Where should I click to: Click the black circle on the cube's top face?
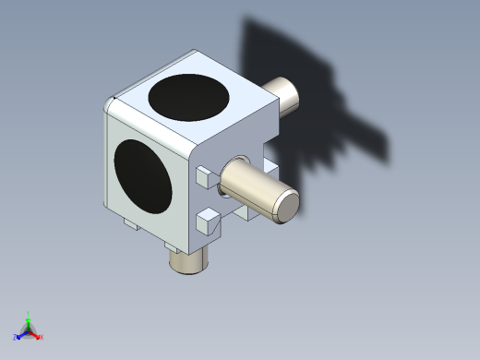[x=191, y=97]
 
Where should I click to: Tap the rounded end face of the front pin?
[x=288, y=205]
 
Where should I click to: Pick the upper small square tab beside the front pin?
[x=205, y=176]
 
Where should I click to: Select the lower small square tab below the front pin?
[x=208, y=222]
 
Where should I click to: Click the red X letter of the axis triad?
[x=41, y=337]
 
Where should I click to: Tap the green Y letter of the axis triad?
[x=29, y=313]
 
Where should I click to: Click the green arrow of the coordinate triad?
[x=29, y=322]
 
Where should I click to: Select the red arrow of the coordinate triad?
[x=35, y=334]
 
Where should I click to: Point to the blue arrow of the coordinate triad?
[x=22, y=335]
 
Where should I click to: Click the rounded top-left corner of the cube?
[x=112, y=102]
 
